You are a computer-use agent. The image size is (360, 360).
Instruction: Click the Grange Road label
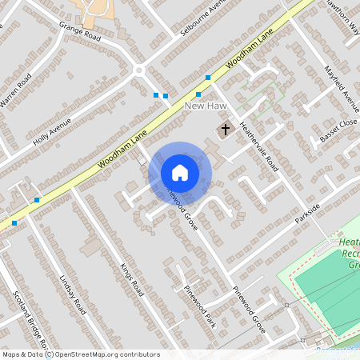tap(79, 31)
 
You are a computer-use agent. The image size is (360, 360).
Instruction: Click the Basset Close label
tap(338, 130)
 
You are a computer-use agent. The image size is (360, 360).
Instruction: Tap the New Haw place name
tap(202, 106)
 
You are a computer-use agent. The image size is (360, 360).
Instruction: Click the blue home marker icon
tap(180, 173)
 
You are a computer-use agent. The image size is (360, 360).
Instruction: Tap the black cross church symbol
tap(225, 128)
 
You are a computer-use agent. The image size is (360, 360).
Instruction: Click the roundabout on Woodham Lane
tap(139, 70)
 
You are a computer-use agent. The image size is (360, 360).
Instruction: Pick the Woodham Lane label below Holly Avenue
tap(122, 151)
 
